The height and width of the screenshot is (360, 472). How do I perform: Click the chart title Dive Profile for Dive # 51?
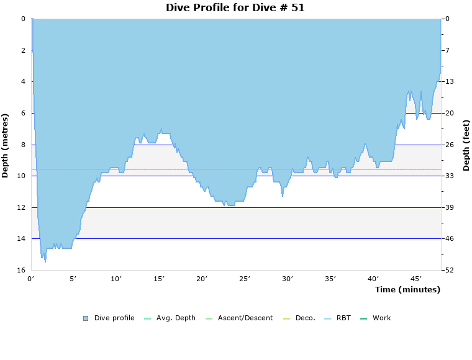pyautogui.click(x=235, y=7)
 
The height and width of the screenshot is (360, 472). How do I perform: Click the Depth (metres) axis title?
pyautogui.click(x=6, y=145)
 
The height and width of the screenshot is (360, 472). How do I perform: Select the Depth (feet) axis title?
pyautogui.click(x=466, y=145)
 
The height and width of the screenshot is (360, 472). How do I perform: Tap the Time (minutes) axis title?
pyautogui.click(x=407, y=289)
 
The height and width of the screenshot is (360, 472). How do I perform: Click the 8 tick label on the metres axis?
pyautogui.click(x=23, y=145)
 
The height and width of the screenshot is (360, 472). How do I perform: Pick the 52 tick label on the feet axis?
pyautogui.click(x=449, y=271)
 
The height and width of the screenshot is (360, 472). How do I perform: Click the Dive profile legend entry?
pyautogui.click(x=114, y=318)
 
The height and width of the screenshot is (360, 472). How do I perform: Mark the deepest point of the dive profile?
pyautogui.click(x=45, y=262)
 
